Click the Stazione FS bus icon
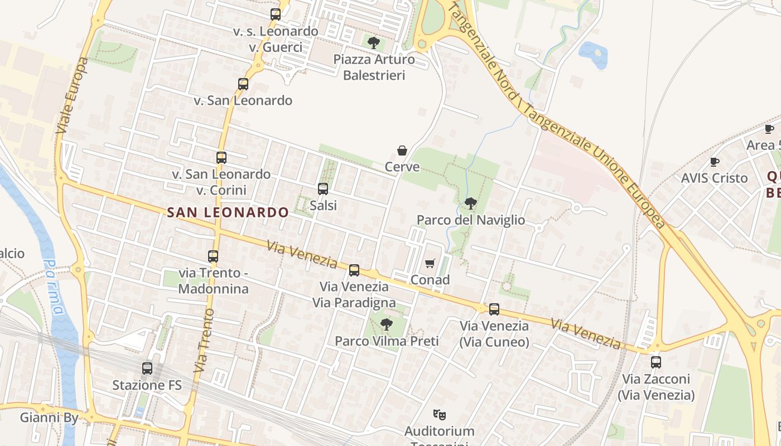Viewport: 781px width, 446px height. point(147,369)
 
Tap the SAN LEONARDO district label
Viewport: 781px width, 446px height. point(228,212)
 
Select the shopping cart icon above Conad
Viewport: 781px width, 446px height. point(430,263)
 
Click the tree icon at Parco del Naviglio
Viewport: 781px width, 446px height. point(470,203)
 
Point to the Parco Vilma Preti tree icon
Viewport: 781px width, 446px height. point(385,324)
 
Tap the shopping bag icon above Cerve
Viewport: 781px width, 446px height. point(402,150)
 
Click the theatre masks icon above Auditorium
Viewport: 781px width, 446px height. point(440,414)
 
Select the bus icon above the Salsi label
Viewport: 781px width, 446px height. point(322,189)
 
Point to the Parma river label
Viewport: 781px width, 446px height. point(55,287)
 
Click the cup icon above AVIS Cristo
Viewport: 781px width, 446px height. point(714,162)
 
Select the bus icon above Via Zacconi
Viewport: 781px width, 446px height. point(655,362)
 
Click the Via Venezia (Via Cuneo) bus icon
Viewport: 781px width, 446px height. point(494,309)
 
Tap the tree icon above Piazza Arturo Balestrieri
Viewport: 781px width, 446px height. point(374,42)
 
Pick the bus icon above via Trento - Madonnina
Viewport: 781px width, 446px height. point(213,256)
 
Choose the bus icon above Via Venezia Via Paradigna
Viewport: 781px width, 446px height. point(354,270)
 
